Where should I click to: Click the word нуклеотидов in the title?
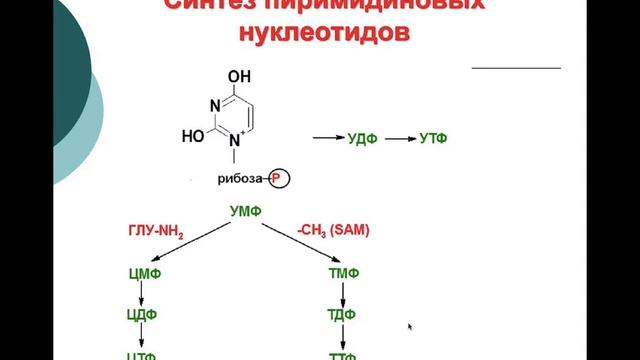click(x=323, y=33)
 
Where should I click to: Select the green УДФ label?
click(x=361, y=138)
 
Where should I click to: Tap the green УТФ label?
click(x=432, y=138)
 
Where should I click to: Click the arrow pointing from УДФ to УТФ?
click(x=397, y=138)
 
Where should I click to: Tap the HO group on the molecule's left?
click(x=193, y=134)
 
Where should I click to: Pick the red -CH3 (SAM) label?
click(x=333, y=231)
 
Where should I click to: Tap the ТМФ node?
click(x=344, y=273)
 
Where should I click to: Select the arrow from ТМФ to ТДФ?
click(x=344, y=294)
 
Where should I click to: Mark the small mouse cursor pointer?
click(x=410, y=326)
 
